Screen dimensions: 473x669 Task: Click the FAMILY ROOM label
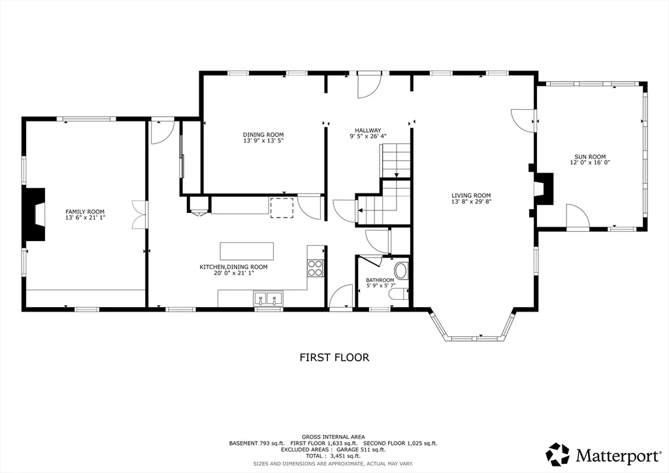pos(85,212)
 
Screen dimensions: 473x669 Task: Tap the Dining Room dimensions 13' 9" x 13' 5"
pos(263,140)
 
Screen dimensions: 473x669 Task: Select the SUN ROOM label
pos(590,157)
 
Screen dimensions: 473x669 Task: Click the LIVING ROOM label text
pos(470,195)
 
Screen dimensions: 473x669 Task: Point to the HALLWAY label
pos(368,130)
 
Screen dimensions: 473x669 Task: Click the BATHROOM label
pos(380,280)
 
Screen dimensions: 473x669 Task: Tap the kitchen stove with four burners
pos(316,268)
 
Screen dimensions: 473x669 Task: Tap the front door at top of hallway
pos(368,86)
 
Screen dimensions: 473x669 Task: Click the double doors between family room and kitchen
pos(139,214)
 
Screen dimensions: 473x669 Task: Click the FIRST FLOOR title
pos(334,357)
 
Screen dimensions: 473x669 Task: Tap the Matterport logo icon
pos(557,453)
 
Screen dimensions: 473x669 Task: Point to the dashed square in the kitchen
pos(282,207)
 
